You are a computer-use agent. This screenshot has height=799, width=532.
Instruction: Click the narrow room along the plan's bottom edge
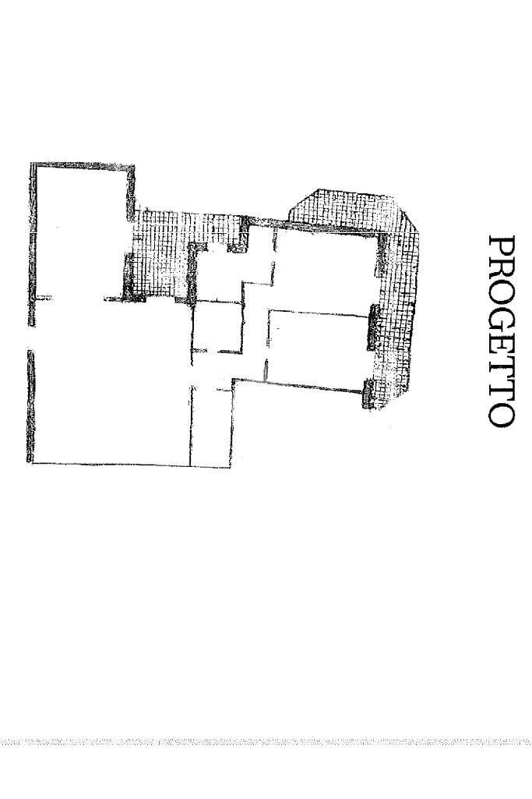210,425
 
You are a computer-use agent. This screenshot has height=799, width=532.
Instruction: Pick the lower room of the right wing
315,347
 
